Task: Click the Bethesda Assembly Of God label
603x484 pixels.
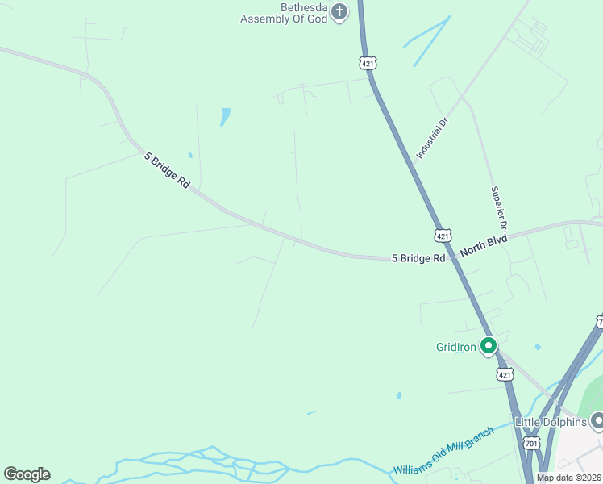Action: coord(285,13)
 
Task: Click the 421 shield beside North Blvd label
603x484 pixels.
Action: coord(443,235)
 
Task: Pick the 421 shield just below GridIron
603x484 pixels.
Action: coord(505,374)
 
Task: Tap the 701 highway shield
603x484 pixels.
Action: coord(530,444)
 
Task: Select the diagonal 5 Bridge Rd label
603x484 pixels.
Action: coord(167,170)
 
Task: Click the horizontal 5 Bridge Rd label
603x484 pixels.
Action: coord(418,258)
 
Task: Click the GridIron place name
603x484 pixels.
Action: coord(455,347)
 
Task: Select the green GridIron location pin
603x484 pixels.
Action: coord(488,346)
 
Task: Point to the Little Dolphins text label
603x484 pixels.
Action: coord(552,421)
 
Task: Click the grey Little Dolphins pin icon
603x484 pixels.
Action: coord(597,420)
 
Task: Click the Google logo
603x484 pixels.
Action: coord(27,474)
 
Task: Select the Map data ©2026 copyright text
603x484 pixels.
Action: coord(569,478)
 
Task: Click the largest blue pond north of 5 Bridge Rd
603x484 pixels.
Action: coord(225,117)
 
